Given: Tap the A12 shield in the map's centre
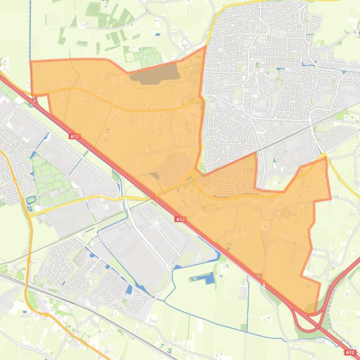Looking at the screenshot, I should coord(181,218).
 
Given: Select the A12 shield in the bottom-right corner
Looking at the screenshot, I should coord(350,352).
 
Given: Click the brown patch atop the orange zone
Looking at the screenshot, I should coord(154,73).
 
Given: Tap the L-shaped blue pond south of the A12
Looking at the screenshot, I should coord(208,279).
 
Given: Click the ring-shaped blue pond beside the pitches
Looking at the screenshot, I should coord(31,202).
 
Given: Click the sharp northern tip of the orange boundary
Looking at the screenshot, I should coord(205,47).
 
